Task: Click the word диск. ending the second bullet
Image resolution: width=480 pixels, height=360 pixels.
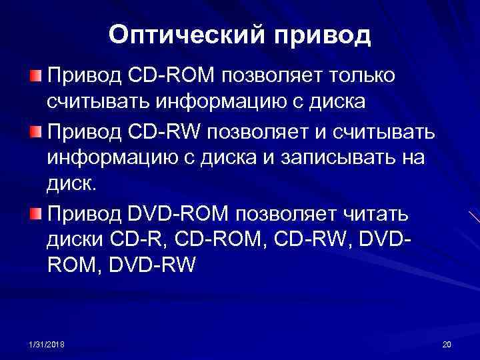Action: click(x=71, y=187)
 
